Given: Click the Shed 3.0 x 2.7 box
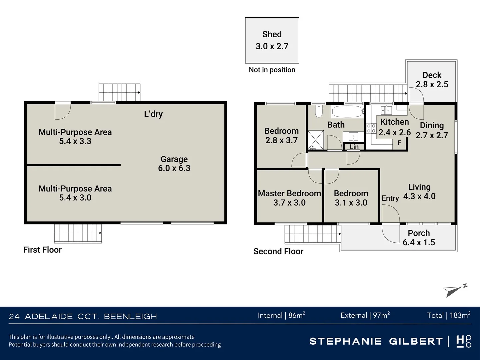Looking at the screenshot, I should [x=272, y=40].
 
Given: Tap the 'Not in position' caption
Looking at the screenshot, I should [x=272, y=70].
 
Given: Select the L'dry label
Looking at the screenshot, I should [x=153, y=114].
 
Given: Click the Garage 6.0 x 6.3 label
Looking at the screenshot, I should [x=174, y=164].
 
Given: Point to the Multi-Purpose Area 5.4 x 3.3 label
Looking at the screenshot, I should [x=75, y=137].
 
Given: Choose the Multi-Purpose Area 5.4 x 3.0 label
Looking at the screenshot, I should [x=75, y=193].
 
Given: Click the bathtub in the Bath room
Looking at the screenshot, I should [x=347, y=112].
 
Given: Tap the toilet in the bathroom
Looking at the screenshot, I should [x=319, y=111].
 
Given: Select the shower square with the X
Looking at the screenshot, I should [x=315, y=140].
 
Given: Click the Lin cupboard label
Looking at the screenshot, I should [x=354, y=147].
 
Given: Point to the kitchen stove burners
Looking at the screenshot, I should [x=371, y=129].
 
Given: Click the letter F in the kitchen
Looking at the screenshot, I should [x=399, y=143].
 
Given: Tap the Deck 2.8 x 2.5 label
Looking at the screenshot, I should [x=432, y=80].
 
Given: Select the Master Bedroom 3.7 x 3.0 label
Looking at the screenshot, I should [x=289, y=198].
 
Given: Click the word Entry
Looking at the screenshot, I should [x=390, y=198].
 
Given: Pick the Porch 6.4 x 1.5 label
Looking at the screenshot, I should [x=419, y=238].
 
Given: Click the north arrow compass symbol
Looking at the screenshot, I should [x=454, y=291].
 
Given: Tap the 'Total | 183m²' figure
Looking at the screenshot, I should [x=448, y=315].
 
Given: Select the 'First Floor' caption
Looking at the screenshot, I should [x=42, y=250].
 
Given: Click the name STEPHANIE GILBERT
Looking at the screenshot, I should [x=376, y=341].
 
